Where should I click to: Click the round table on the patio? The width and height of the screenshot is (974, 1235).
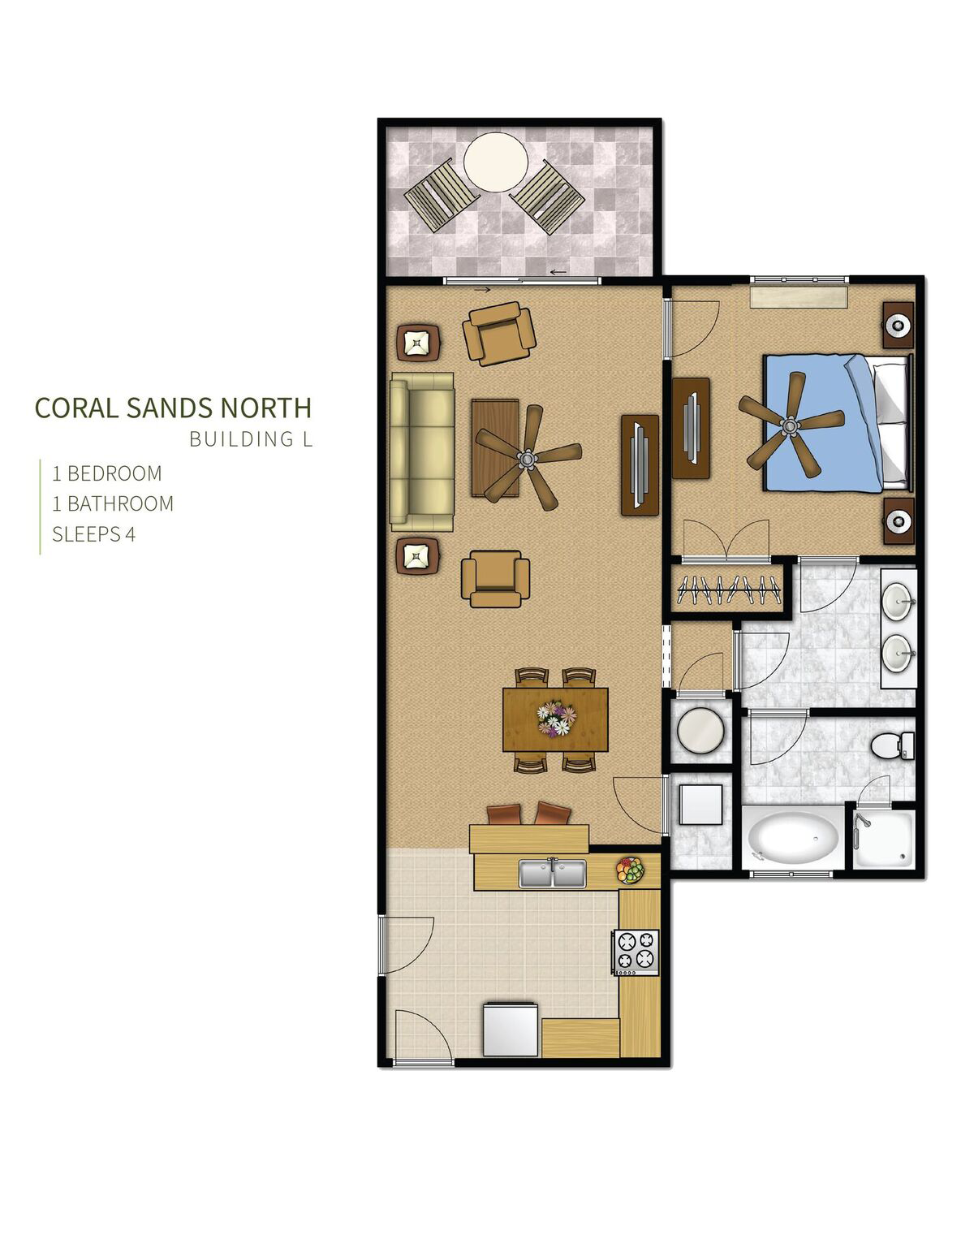(x=496, y=162)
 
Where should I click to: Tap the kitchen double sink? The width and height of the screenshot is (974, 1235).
(x=553, y=874)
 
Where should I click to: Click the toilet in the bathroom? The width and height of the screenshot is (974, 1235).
(x=893, y=746)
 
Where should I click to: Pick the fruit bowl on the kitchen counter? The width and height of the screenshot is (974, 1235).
(x=631, y=870)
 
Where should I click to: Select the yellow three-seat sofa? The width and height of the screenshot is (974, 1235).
(x=422, y=452)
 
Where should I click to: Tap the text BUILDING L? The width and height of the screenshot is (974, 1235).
(x=251, y=439)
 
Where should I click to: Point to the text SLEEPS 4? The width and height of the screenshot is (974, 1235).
(x=94, y=534)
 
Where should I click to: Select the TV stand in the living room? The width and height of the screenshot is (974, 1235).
(x=640, y=465)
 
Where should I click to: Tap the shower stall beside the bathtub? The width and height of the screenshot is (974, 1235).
(x=884, y=839)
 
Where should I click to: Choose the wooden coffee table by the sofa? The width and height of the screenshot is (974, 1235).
(x=496, y=447)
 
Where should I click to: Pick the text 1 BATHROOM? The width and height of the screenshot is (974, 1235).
(x=113, y=504)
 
